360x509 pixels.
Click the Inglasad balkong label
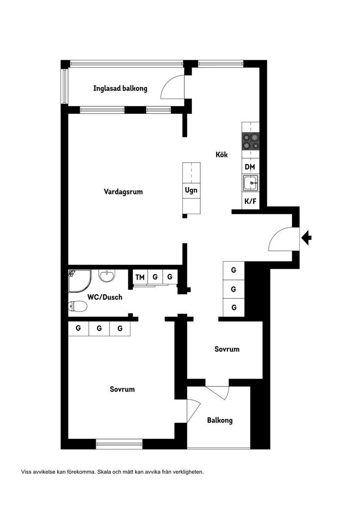[x=120, y=89]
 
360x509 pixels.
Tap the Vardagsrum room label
[x=123, y=191]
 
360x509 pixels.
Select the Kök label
[x=221, y=154]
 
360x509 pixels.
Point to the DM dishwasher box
[x=250, y=167]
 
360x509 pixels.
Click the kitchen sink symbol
[x=250, y=183]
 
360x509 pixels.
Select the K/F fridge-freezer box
[x=250, y=201]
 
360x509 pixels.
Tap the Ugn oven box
[x=191, y=190]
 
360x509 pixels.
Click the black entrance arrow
[x=307, y=238]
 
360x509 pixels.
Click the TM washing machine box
[x=140, y=277]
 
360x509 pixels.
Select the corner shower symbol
[x=79, y=280]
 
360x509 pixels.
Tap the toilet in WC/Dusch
[x=77, y=307]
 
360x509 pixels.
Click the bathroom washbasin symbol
[x=107, y=276]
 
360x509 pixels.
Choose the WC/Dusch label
[x=105, y=297]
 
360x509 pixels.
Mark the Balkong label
[x=219, y=420]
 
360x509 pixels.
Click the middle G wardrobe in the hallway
[x=233, y=289]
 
